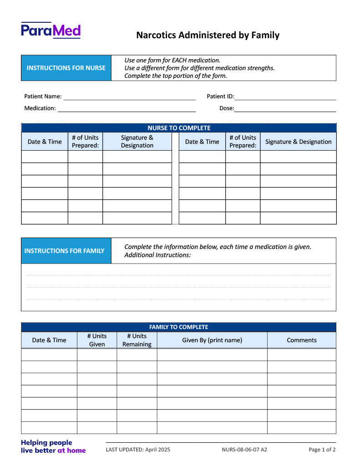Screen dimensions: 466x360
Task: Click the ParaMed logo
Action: point(51,30)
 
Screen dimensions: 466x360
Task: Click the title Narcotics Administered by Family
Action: point(208,35)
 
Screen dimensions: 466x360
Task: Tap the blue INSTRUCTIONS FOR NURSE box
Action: point(66,68)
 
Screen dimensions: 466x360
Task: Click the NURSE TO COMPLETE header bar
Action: point(179,128)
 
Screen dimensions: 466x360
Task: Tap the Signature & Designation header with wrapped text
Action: point(137,142)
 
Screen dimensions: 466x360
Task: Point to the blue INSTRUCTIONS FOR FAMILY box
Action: point(66,251)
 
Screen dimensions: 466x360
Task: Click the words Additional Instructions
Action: point(157,255)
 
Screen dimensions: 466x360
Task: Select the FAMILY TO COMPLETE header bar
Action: point(178,327)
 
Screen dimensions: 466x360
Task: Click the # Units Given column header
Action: point(97,340)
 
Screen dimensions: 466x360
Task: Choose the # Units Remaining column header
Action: point(137,340)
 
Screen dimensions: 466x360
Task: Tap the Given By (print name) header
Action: point(212,340)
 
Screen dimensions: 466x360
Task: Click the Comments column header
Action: point(302,340)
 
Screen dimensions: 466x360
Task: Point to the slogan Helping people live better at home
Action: point(53,446)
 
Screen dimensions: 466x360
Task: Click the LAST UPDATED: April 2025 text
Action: point(138,450)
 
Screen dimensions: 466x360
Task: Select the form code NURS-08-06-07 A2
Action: point(244,450)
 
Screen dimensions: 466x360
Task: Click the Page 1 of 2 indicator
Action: point(322,450)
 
